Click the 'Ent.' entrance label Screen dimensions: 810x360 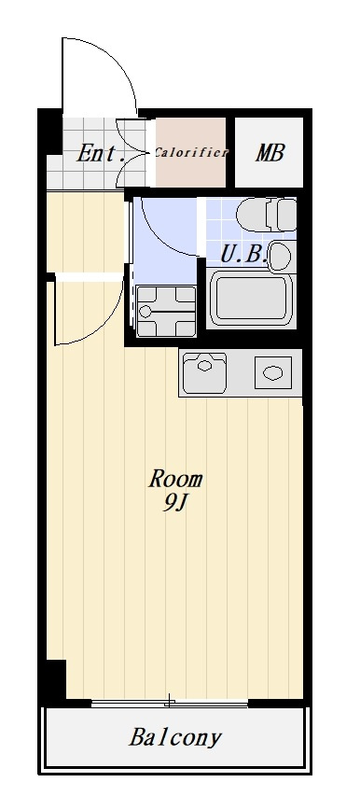[101, 153]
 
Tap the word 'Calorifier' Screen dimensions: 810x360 [191, 152]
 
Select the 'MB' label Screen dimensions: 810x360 [270, 153]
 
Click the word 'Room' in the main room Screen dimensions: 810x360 [175, 480]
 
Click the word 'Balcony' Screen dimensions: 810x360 [175, 738]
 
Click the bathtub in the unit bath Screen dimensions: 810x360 [252, 299]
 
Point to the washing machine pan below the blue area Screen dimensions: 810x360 [166, 311]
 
